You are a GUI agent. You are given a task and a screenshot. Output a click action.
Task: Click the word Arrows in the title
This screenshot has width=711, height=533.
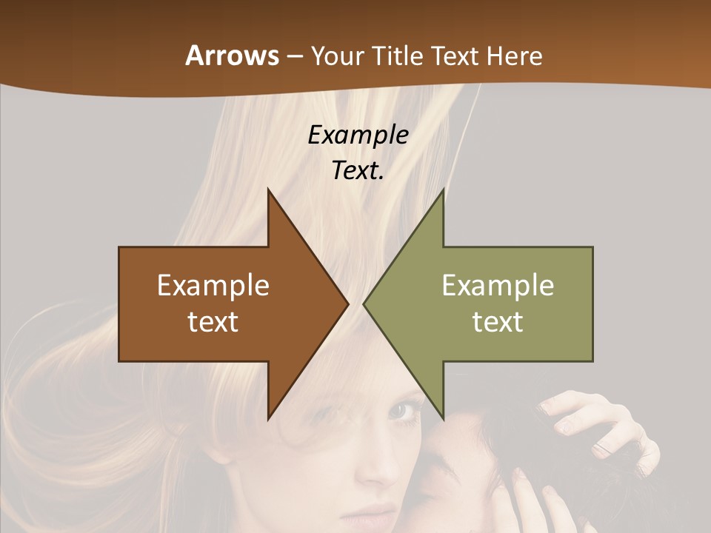232,56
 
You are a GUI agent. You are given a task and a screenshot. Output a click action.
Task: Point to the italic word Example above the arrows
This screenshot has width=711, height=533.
358,135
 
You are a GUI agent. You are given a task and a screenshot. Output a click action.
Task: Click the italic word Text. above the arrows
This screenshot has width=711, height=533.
358,170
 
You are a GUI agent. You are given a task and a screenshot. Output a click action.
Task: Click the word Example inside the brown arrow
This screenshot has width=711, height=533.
213,285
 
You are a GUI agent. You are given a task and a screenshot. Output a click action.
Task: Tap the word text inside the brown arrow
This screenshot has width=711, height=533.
213,321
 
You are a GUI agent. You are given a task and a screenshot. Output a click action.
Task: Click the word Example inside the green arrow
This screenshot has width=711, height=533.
498,285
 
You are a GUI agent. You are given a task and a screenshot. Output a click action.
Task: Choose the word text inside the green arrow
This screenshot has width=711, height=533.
498,321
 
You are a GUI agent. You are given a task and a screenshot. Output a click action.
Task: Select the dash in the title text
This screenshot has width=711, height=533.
294,56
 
